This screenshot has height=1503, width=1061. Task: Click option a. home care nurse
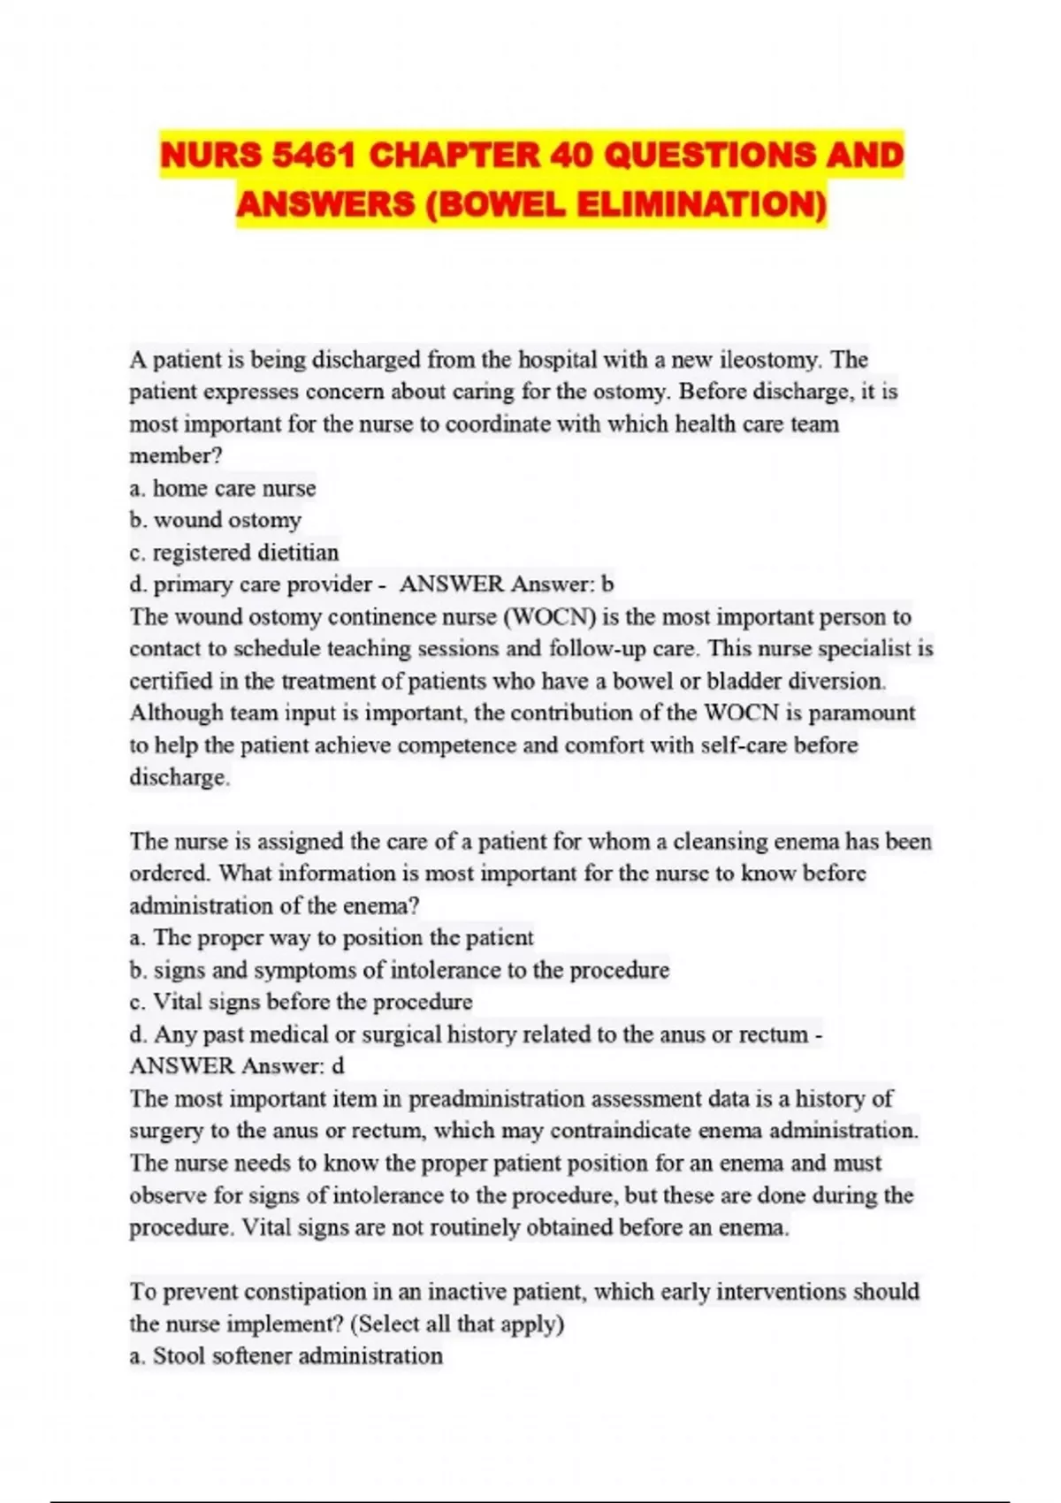point(222,488)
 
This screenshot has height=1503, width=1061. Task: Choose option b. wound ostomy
point(215,520)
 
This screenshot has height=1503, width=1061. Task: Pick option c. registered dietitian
point(233,553)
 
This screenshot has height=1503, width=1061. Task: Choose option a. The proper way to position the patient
point(332,937)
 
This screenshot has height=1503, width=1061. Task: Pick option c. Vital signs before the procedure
point(301,1002)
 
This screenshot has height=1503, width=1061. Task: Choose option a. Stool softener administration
point(286,1356)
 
